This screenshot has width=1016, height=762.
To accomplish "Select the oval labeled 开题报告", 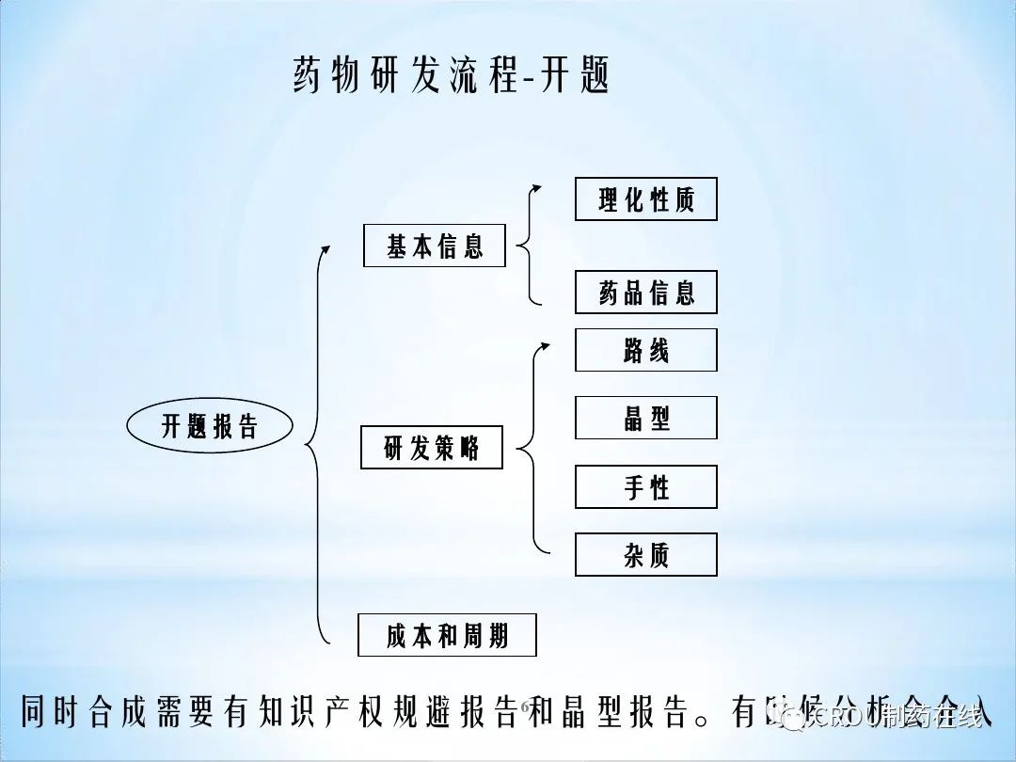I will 210,426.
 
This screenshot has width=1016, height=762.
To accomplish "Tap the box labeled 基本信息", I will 435,246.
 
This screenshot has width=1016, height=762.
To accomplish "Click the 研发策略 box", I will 432,448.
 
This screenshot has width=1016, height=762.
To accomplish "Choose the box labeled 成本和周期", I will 447,635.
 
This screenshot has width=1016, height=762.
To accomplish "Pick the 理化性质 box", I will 646,199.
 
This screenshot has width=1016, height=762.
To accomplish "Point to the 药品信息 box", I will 646,293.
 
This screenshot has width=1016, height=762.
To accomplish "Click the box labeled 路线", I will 646,350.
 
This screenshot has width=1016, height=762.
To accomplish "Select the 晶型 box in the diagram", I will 646,418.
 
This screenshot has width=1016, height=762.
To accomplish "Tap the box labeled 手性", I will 646,486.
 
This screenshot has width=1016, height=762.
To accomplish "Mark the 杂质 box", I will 646,555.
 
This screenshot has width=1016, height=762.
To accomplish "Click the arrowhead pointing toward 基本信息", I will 325,249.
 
